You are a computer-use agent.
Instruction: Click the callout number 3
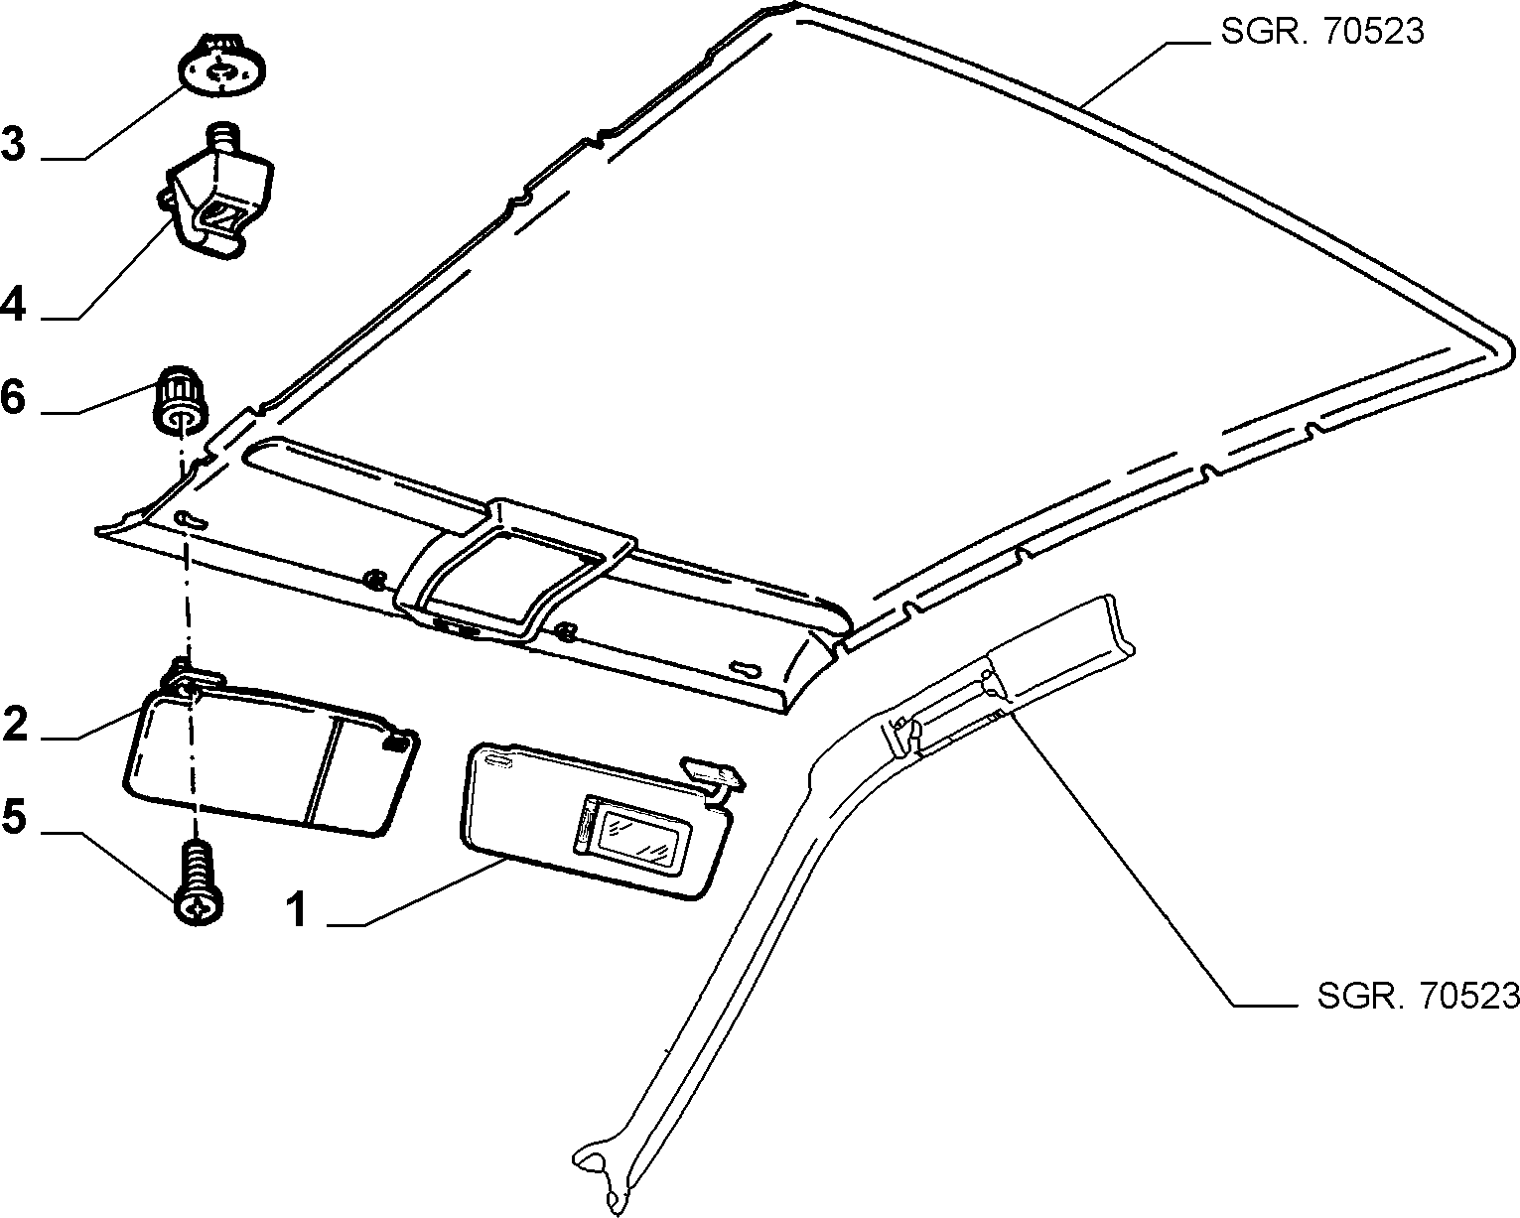coord(13,143)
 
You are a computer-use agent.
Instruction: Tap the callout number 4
coord(13,306)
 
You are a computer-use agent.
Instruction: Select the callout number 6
coord(13,397)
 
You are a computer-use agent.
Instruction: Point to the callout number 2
coord(14,724)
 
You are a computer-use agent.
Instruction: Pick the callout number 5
coord(14,817)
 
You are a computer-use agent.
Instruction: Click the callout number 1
coord(299,909)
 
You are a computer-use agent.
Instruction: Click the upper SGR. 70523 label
coord(1322,32)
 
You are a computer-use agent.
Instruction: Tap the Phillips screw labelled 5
coord(198,882)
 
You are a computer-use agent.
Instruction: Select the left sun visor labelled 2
coord(270,757)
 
